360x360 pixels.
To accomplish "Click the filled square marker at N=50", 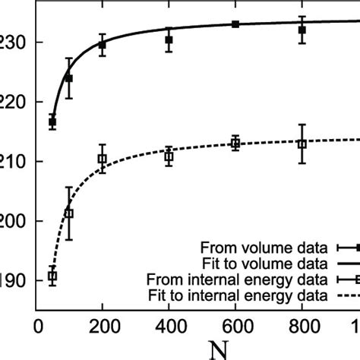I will [52, 122].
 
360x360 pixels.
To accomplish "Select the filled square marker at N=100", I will [69, 78].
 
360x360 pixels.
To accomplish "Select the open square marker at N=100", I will [69, 213].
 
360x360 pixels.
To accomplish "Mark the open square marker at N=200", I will [103, 159].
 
